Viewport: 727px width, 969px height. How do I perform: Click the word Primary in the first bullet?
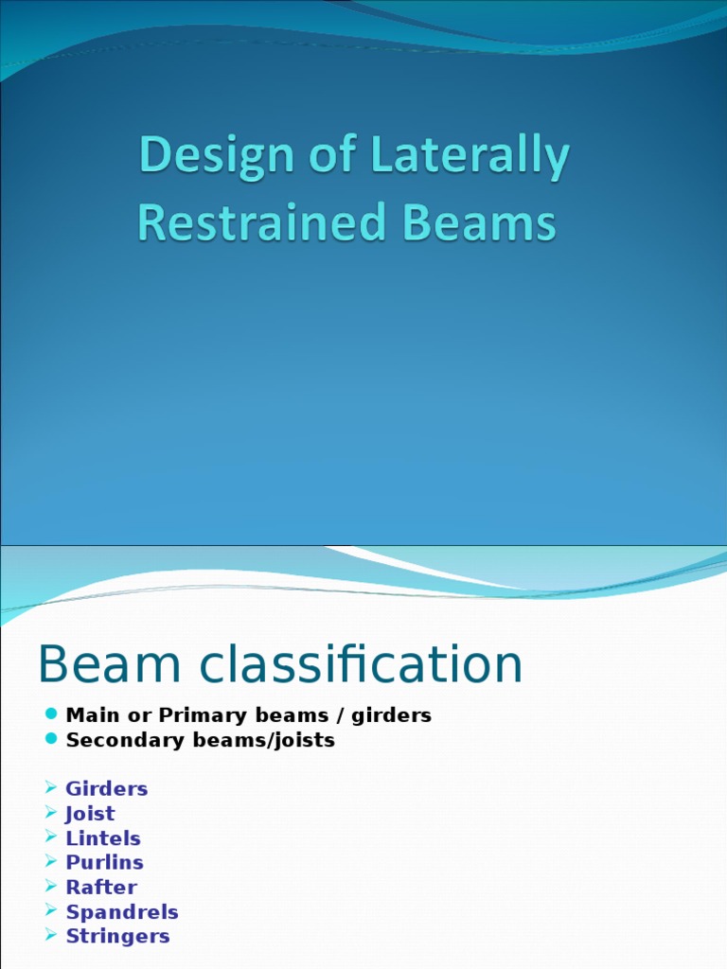pyautogui.click(x=196, y=715)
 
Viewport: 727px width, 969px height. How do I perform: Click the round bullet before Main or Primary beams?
pyautogui.click(x=51, y=714)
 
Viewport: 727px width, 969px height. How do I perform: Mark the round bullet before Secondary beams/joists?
pyautogui.click(x=51, y=739)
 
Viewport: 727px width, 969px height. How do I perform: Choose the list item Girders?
pyautogui.click(x=107, y=789)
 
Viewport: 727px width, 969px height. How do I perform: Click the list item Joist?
pyautogui.click(x=90, y=814)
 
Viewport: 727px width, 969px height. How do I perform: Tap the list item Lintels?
pyautogui.click(x=103, y=838)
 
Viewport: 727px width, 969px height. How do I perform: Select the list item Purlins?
pyautogui.click(x=104, y=863)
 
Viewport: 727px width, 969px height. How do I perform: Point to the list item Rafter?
pyautogui.click(x=101, y=888)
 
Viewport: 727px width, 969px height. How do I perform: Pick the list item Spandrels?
pyautogui.click(x=122, y=912)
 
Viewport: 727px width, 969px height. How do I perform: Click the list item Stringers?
pyautogui.click(x=117, y=937)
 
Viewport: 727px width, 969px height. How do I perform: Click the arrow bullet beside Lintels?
pyautogui.click(x=51, y=837)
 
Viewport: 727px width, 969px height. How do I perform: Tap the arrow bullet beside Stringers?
pyautogui.click(x=51, y=936)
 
